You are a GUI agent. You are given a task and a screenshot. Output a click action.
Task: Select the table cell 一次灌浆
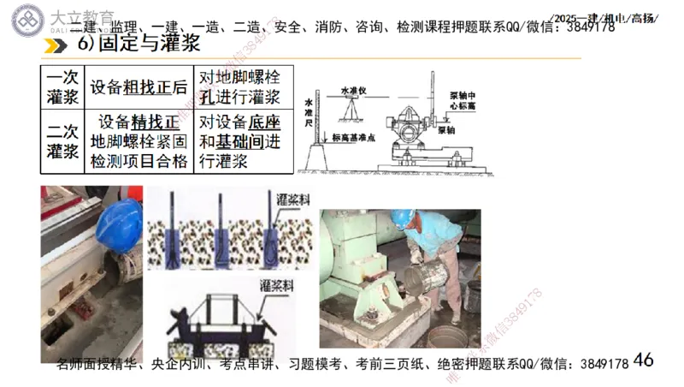62,86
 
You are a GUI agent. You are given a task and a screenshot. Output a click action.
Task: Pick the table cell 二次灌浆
62,141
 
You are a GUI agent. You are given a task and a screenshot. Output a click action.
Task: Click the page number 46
643,360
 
